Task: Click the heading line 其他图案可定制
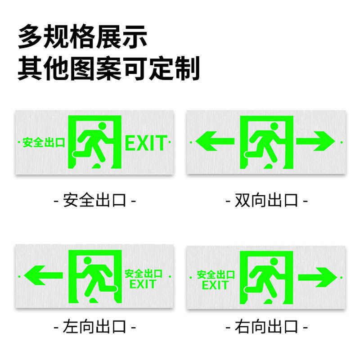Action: [108, 69]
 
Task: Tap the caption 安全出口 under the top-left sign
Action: [94, 200]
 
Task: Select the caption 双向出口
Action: [267, 200]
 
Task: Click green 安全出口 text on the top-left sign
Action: [44, 143]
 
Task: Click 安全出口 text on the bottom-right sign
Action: [216, 274]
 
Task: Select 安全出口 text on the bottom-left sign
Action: [143, 273]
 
